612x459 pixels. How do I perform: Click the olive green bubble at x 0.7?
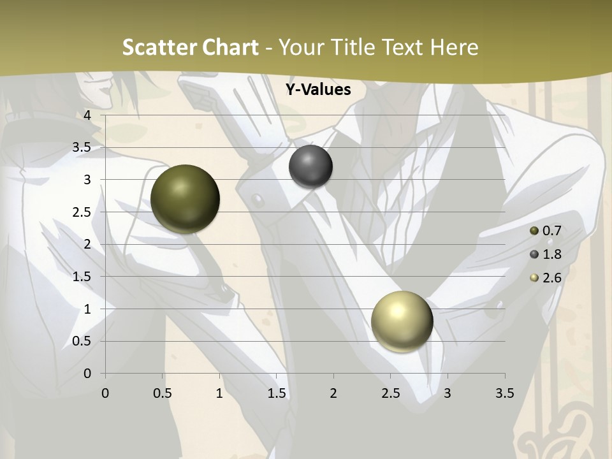coord(186,199)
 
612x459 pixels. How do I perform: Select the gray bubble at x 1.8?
coord(310,166)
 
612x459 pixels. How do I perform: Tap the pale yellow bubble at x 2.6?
coord(402,321)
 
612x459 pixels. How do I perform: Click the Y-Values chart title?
coord(318,90)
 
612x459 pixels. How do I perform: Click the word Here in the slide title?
coord(454,47)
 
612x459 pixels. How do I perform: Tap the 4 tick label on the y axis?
coord(87,115)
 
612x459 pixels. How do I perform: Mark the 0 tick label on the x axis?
coord(105,393)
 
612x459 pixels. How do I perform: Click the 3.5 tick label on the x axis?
coord(504,393)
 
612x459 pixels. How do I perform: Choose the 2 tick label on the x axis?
coord(333,393)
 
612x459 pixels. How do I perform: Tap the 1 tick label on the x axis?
coord(219,393)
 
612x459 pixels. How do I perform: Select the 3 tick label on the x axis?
coord(448,393)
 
